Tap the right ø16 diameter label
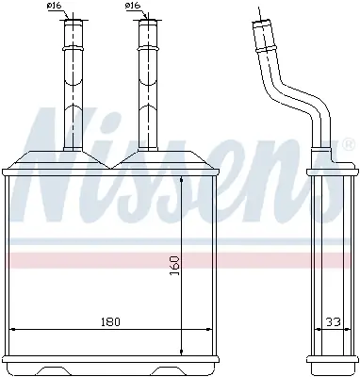point(133,8)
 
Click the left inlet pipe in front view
point(73,85)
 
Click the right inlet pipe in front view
point(146,85)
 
